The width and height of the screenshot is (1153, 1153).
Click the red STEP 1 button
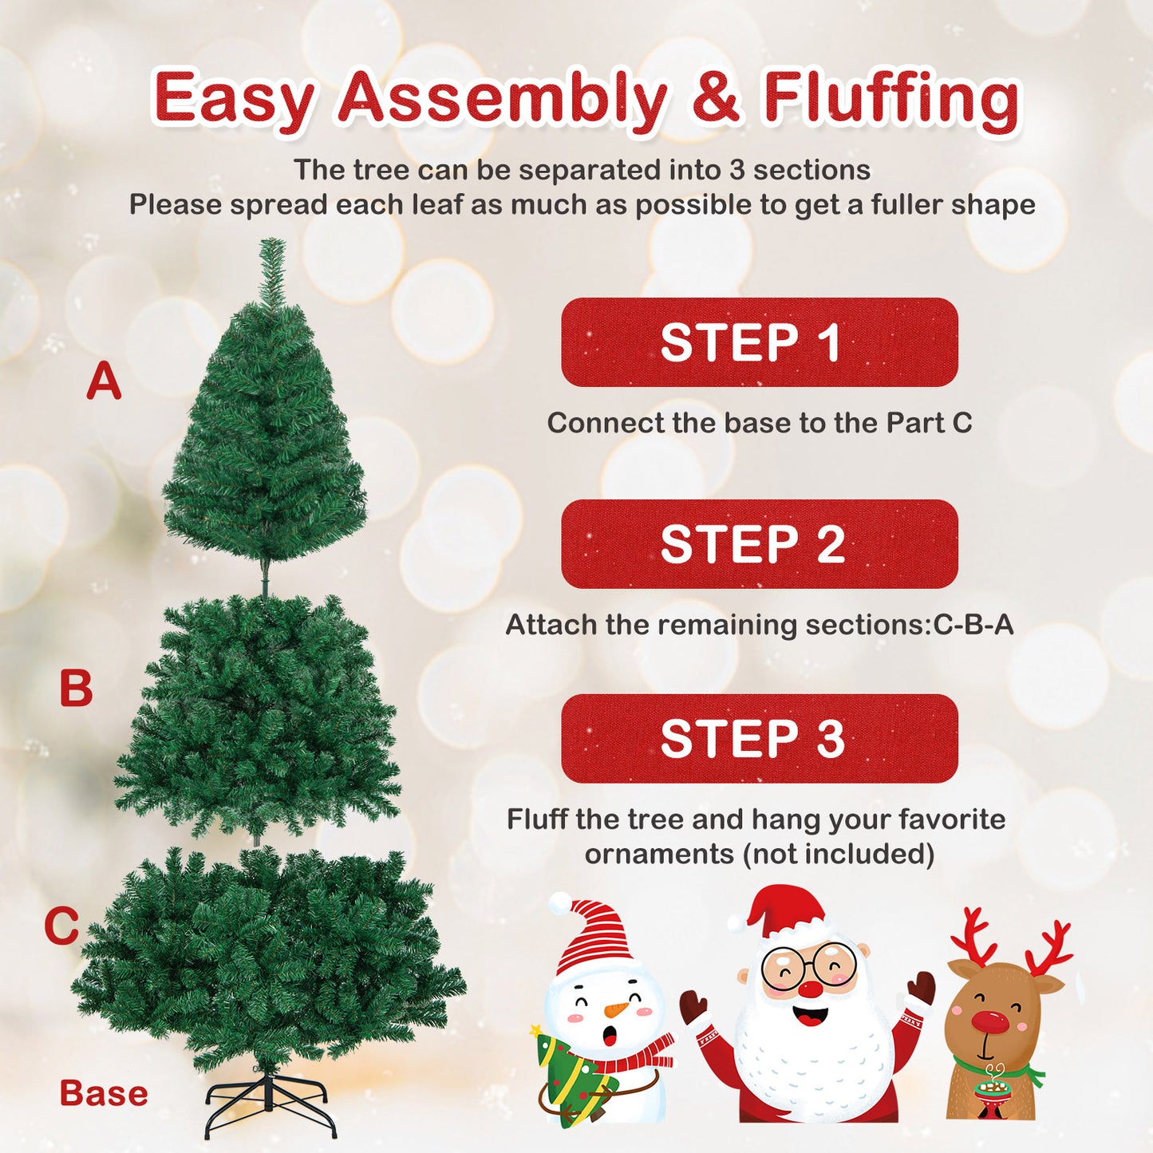(759, 342)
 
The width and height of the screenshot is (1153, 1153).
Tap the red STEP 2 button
(759, 544)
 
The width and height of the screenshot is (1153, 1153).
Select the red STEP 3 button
(759, 738)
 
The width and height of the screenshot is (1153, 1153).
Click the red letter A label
(104, 381)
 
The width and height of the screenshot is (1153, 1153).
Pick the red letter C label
(61, 926)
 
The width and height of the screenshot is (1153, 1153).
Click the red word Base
(104, 1093)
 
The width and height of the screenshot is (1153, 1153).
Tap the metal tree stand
(269, 1103)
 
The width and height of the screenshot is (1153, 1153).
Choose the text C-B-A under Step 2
(973, 624)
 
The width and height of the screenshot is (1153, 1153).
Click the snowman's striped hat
(594, 937)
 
